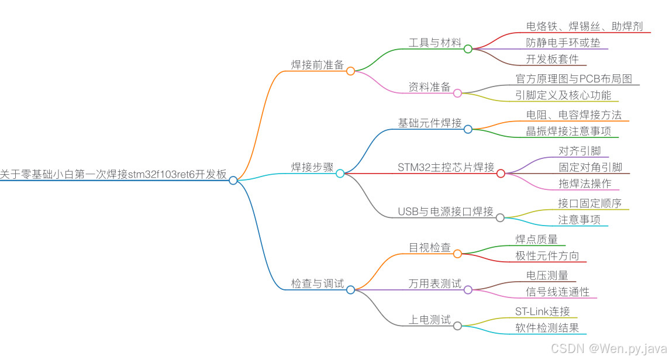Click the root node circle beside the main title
tap(233, 181)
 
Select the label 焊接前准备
tap(318, 65)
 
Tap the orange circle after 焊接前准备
tap(350, 71)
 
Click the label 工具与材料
tap(435, 43)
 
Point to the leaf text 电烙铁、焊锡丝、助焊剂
tap(584, 26)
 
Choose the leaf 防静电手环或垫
tap(555, 43)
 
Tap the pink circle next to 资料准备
tap(457, 93)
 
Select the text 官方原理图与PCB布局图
tap(574, 79)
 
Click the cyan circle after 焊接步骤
tap(340, 173)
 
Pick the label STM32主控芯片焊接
tap(446, 167)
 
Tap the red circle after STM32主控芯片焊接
tap(501, 173)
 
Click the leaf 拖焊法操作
tap(585, 184)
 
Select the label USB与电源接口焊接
tap(446, 211)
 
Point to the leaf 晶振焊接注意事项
tap(568, 131)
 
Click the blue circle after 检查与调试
tap(350, 290)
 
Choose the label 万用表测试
tap(435, 284)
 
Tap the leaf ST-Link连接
tap(542, 311)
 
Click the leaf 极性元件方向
tap(547, 255)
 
